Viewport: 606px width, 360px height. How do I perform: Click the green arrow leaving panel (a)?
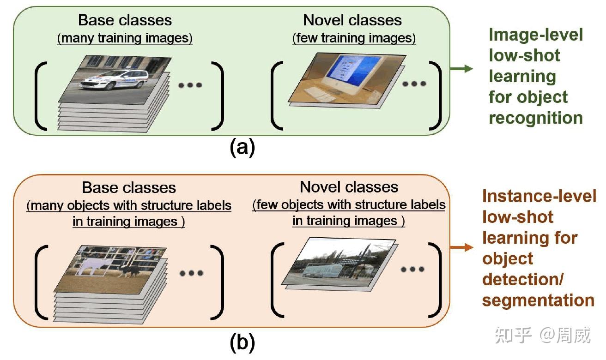[x=461, y=69]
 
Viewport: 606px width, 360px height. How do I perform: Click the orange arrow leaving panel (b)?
[x=461, y=247]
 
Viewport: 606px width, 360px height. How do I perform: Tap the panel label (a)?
[x=242, y=147]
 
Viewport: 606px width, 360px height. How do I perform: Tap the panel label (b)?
[x=242, y=342]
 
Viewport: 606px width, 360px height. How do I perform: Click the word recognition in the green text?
[x=536, y=118]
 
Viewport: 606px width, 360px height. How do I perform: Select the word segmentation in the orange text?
[x=538, y=300]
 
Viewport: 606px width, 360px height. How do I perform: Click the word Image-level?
[x=536, y=35]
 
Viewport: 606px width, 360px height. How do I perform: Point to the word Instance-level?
[x=539, y=196]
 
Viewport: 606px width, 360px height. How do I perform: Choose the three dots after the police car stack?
[x=190, y=85]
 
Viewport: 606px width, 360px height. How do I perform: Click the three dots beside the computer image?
[x=414, y=84]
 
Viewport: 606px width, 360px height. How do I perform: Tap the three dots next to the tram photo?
[x=412, y=269]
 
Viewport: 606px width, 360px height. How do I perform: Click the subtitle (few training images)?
[x=354, y=38]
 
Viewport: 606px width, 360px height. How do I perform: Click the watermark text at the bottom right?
[x=543, y=336]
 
